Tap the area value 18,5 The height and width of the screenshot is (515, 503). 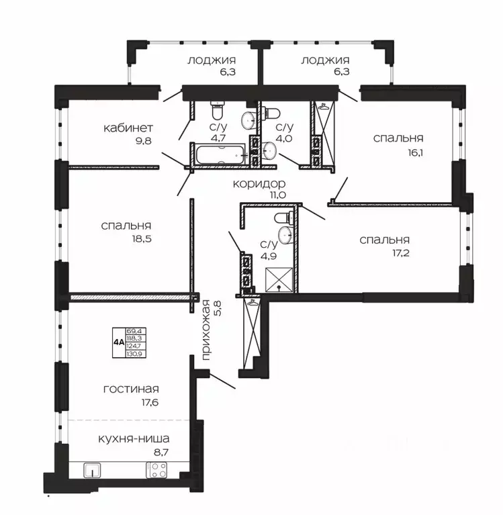(x=142, y=239)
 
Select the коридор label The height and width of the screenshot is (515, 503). (x=259, y=183)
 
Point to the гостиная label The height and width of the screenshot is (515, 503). (x=131, y=389)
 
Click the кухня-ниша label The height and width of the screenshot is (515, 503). (x=134, y=439)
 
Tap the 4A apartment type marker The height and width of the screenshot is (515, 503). (x=119, y=342)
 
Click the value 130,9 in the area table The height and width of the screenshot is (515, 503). (x=136, y=354)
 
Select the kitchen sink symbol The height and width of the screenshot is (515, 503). (x=92, y=469)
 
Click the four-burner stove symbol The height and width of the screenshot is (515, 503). (x=156, y=469)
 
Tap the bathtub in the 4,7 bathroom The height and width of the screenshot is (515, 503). (x=220, y=154)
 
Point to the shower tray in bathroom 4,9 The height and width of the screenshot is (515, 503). (x=279, y=279)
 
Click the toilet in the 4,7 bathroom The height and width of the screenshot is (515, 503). (x=218, y=110)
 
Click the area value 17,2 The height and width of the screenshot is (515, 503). (x=400, y=253)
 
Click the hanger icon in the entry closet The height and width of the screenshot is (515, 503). (x=253, y=302)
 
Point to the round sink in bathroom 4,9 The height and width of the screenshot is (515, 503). (x=285, y=235)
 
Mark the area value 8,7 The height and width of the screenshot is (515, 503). (x=161, y=453)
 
